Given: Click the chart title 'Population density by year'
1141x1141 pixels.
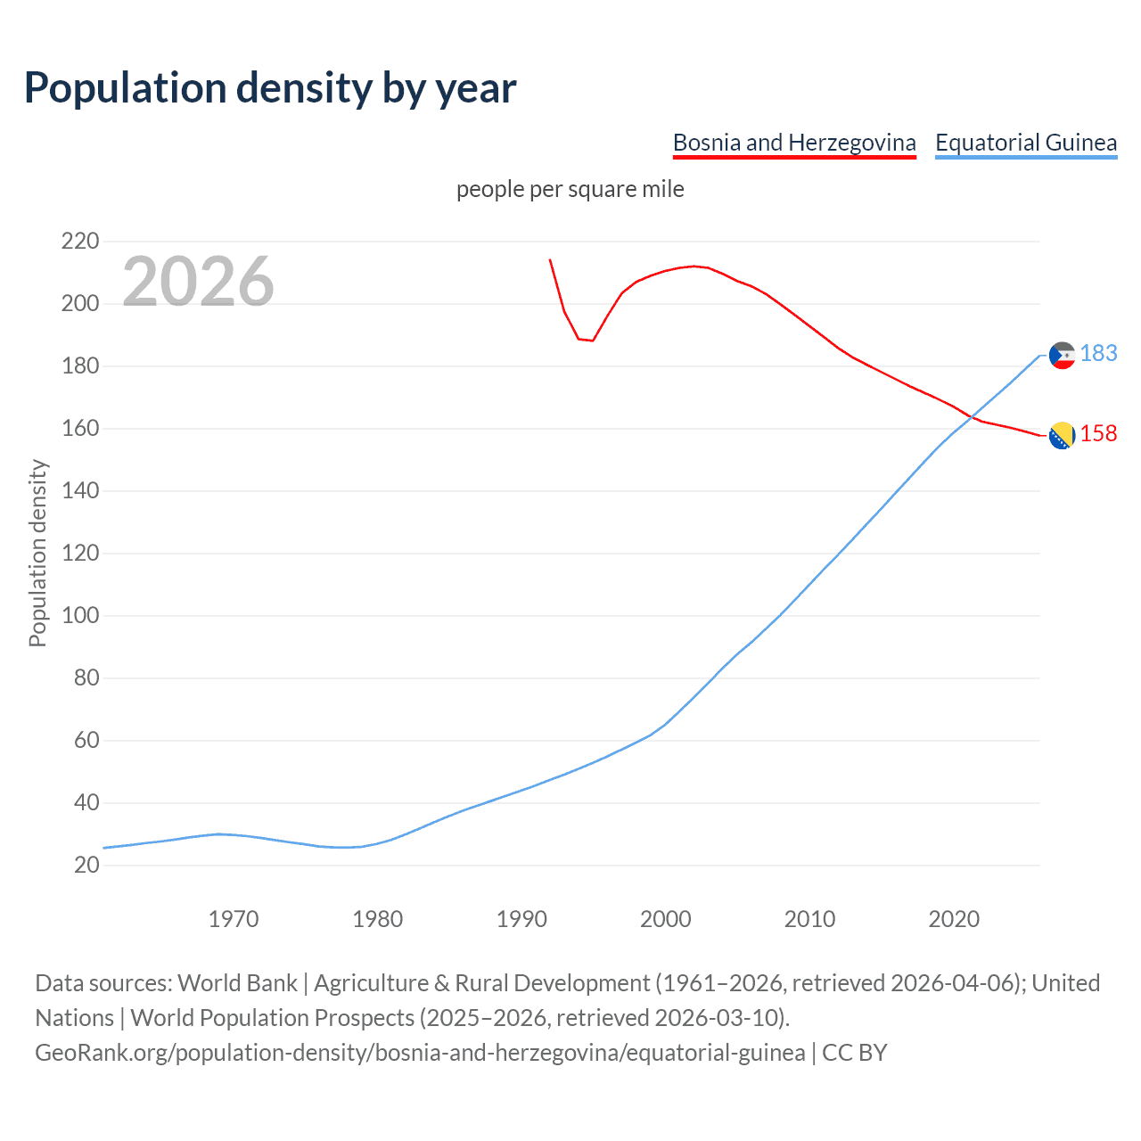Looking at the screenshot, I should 270,88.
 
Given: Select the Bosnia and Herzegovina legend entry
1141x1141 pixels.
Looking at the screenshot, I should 794,143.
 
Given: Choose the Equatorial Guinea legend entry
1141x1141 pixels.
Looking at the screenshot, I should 1025,143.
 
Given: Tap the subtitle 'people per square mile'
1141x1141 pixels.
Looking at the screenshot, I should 570,190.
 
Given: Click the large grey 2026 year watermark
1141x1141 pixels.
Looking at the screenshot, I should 198,282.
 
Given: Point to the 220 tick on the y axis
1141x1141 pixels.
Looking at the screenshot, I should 80,242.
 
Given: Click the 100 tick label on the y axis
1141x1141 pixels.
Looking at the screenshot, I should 80,616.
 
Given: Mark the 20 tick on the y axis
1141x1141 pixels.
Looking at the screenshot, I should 86,866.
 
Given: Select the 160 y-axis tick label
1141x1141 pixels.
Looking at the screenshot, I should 80,429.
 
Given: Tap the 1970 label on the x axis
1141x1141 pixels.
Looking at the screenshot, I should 234,919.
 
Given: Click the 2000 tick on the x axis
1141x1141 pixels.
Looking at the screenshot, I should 666,919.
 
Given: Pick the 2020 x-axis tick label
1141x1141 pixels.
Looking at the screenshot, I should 954,919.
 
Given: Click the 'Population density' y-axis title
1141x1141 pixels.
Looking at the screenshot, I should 37,553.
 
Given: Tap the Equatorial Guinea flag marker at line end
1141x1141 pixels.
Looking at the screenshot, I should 1062,355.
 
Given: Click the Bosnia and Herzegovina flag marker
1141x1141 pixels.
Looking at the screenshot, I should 1062,435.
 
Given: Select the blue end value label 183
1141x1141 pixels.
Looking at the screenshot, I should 1098,354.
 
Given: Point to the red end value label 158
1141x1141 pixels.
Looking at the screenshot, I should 1098,434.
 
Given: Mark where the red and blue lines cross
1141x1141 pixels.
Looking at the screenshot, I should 969,415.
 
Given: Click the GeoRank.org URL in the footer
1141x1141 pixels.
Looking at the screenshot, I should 420,1053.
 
